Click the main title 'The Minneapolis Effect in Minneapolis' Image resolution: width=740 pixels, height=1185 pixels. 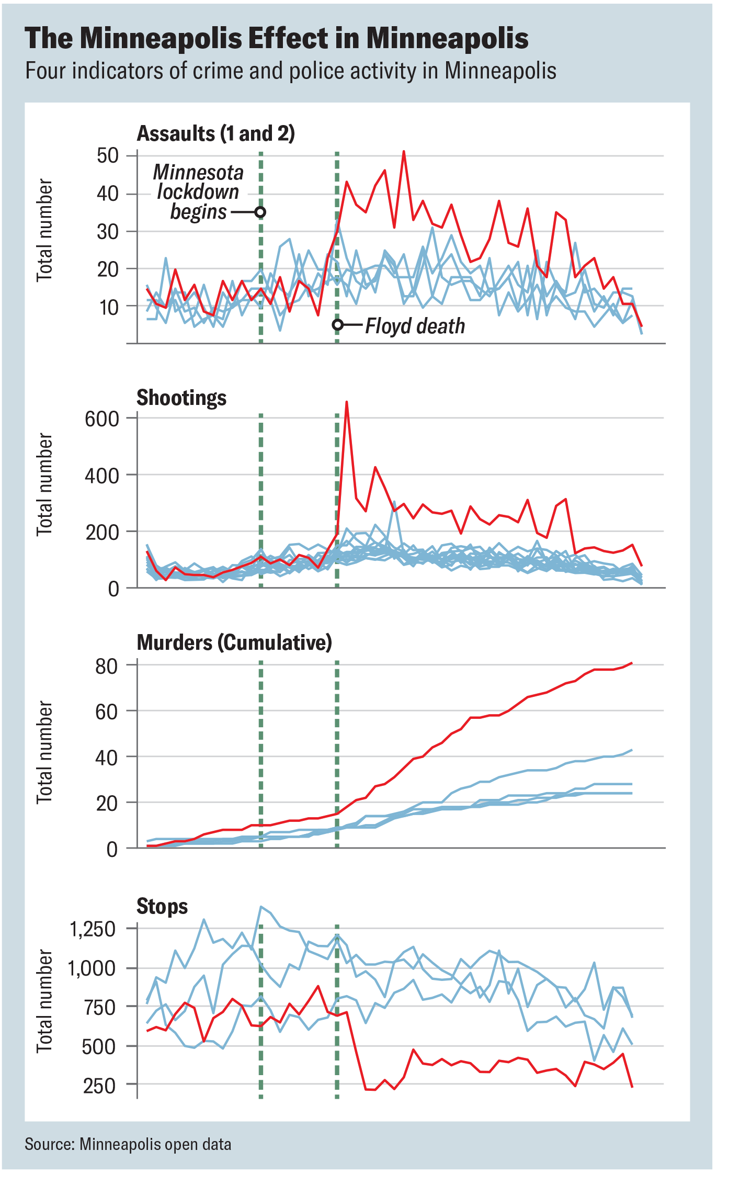click(x=276, y=38)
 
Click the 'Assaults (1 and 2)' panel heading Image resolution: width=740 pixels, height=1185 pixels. click(x=215, y=133)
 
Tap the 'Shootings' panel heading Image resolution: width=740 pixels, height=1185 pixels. click(x=181, y=398)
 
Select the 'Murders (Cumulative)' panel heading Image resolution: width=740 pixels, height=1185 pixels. click(x=234, y=642)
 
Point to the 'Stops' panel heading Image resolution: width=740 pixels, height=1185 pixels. click(x=162, y=906)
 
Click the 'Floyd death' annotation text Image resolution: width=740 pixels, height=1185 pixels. click(x=415, y=326)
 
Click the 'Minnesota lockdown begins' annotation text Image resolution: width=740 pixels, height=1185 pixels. click(x=199, y=192)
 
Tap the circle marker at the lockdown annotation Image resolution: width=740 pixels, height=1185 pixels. click(x=260, y=212)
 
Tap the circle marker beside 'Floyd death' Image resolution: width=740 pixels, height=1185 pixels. click(x=338, y=325)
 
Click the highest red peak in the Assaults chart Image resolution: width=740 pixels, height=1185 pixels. click(x=404, y=152)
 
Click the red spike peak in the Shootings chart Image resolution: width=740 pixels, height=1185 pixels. click(x=347, y=402)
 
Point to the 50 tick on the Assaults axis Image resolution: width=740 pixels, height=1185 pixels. click(x=108, y=155)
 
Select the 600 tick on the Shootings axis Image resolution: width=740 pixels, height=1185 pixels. click(x=102, y=419)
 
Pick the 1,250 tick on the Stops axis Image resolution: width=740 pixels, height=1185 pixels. click(x=92, y=929)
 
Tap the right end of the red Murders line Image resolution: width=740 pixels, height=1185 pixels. click(x=632, y=663)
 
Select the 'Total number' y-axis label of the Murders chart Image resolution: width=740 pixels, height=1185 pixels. click(x=45, y=752)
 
